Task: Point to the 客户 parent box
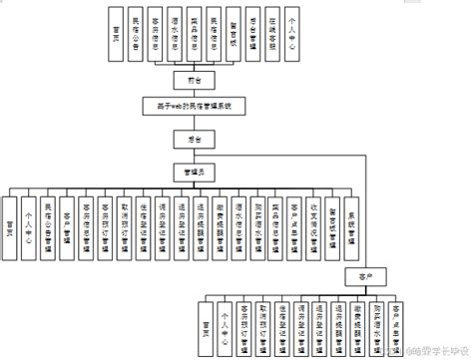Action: pos(350,271)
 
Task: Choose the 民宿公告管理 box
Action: pos(48,223)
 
